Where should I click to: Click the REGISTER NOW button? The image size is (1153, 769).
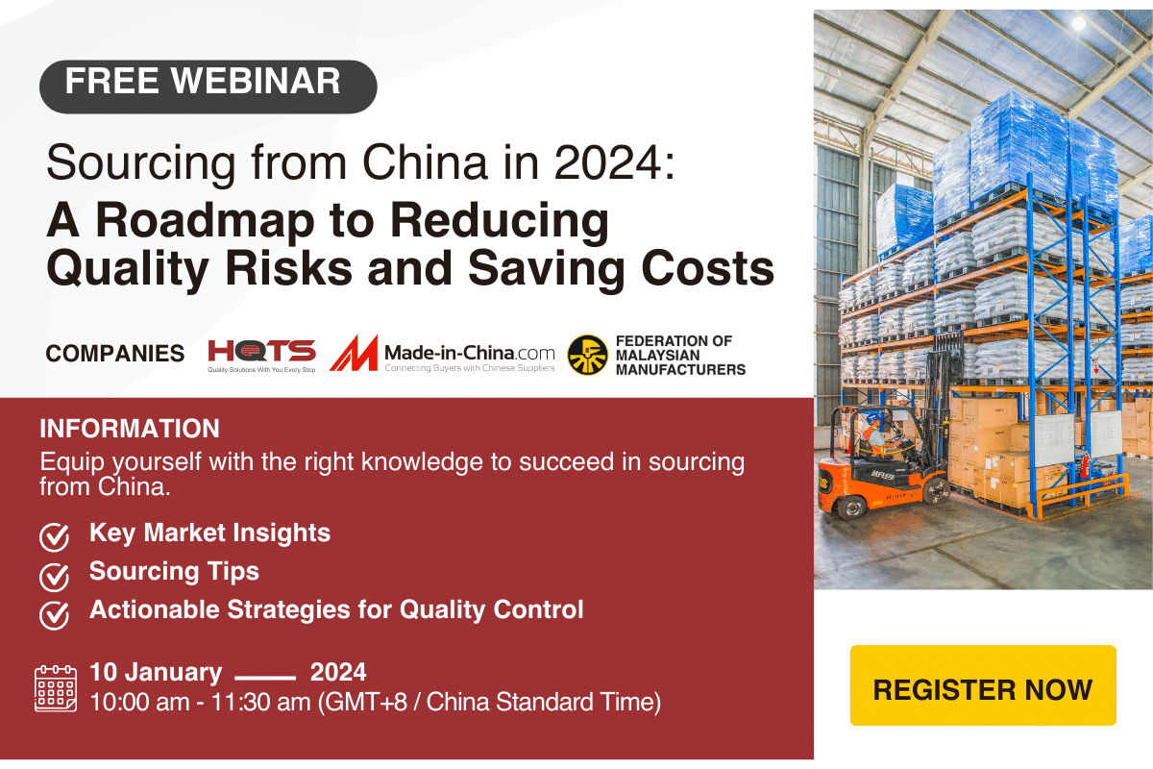click(983, 689)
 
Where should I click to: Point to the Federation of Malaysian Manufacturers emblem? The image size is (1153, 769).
click(587, 355)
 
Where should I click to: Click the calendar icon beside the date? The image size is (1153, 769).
click(55, 687)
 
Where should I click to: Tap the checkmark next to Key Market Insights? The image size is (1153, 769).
click(54, 536)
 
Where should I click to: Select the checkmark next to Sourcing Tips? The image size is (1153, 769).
click(54, 575)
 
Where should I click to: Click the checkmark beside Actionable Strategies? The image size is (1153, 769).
click(54, 613)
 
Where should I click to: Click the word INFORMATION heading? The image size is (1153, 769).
click(130, 429)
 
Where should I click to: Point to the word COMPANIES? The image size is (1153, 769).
click(115, 354)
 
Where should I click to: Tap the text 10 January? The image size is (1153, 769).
click(156, 672)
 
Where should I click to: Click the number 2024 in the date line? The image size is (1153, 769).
click(338, 672)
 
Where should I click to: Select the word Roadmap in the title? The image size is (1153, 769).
click(238, 220)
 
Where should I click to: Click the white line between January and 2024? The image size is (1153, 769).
click(265, 675)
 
